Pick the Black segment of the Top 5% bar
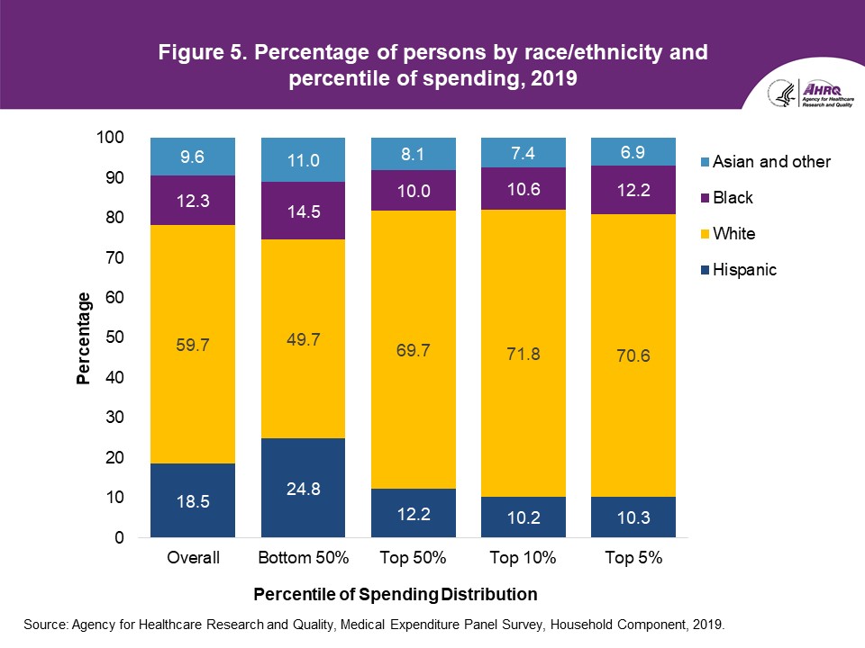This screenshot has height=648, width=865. pyautogui.click(x=633, y=190)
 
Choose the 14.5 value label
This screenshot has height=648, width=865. pyautogui.click(x=303, y=211)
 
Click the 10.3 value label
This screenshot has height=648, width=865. pyautogui.click(x=633, y=517)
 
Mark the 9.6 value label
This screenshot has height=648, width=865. pyautogui.click(x=193, y=157)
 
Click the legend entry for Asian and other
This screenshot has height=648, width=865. pyautogui.click(x=771, y=162)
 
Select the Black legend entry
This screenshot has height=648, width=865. pyautogui.click(x=732, y=198)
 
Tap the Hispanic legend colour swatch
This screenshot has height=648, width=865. pyautogui.click(x=702, y=269)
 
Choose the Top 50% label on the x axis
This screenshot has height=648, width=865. pyautogui.click(x=413, y=558)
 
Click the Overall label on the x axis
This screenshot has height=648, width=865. pyautogui.click(x=193, y=558)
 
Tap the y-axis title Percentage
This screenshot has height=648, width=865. pyautogui.click(x=83, y=338)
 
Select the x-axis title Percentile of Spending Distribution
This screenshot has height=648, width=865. pyautogui.click(x=396, y=595)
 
